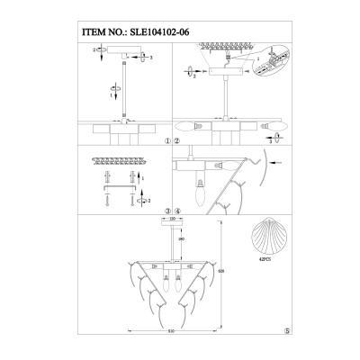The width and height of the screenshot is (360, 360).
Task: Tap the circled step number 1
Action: [167, 142]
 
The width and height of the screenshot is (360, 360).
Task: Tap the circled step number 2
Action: [177, 142]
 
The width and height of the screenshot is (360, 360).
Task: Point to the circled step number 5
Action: [286, 329]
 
